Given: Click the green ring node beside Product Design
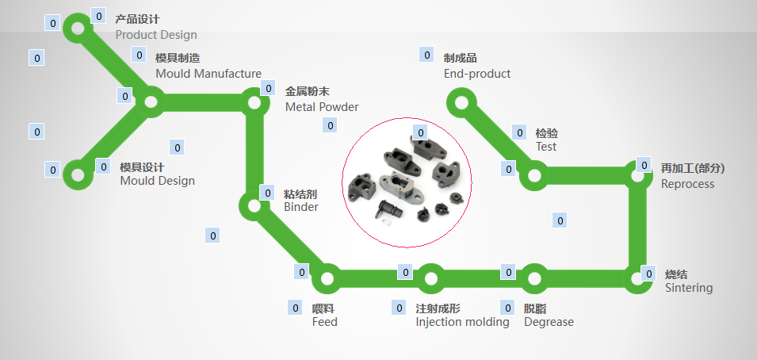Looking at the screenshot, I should [78, 29].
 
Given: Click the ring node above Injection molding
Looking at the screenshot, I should [430, 278].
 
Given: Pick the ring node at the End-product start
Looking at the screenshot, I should [460, 101].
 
